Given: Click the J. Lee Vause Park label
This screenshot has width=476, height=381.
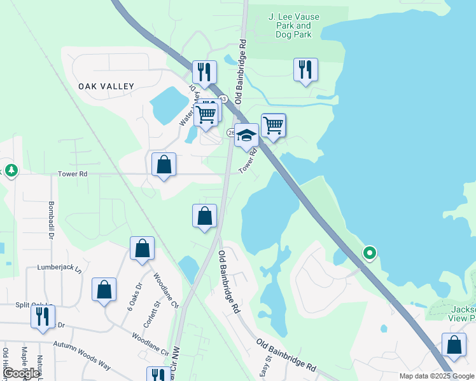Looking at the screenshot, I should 293,25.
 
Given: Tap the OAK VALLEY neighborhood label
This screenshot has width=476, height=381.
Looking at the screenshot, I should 106,86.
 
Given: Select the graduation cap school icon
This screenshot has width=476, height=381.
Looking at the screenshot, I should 246,135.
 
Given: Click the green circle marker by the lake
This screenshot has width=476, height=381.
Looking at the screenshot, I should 370,253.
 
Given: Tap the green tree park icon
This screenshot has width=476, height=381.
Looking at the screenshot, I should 11,170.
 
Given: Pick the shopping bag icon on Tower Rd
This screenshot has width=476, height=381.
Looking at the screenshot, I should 164,164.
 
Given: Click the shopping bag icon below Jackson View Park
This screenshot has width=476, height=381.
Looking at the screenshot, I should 454,345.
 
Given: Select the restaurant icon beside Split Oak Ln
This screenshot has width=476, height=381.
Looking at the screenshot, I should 43,316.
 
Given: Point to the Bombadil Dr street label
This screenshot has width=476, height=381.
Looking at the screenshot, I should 50,220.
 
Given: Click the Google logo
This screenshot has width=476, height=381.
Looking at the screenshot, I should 22,373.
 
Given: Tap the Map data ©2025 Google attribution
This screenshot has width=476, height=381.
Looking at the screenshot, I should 437,376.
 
